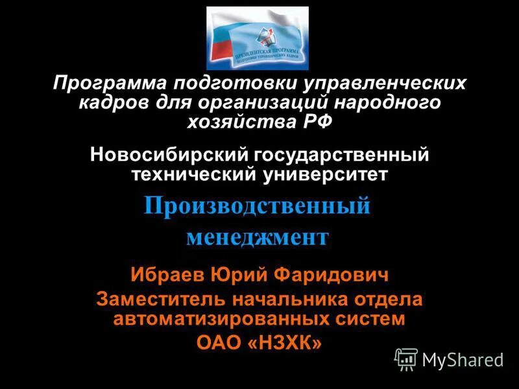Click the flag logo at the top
pyautogui.click(x=258, y=38)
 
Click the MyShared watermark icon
pyautogui.click(x=407, y=359)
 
